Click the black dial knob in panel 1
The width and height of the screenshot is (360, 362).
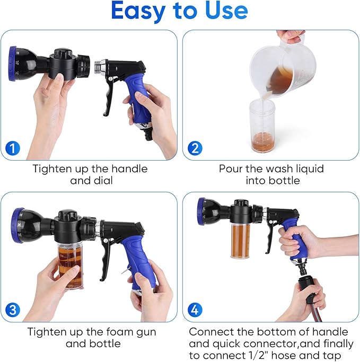[63, 57]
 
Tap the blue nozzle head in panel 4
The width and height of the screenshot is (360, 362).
[201, 211]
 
